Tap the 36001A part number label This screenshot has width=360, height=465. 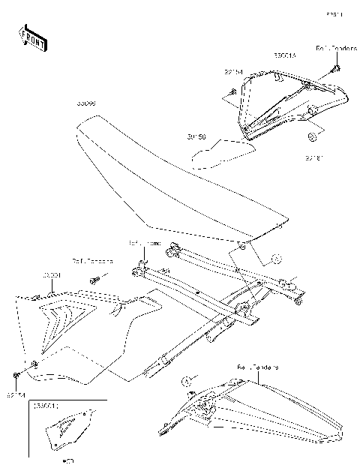284,55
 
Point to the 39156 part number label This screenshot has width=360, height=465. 196,137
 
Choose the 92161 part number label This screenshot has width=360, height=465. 313,157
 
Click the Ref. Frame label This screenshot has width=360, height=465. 145,244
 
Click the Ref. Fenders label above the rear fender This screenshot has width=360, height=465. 258,367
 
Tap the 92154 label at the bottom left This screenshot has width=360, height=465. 16,392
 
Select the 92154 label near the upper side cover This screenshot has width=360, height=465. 234,73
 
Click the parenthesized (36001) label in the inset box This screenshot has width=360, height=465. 46,406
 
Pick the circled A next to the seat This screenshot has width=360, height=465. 275,259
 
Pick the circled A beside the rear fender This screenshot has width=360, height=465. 190,382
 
